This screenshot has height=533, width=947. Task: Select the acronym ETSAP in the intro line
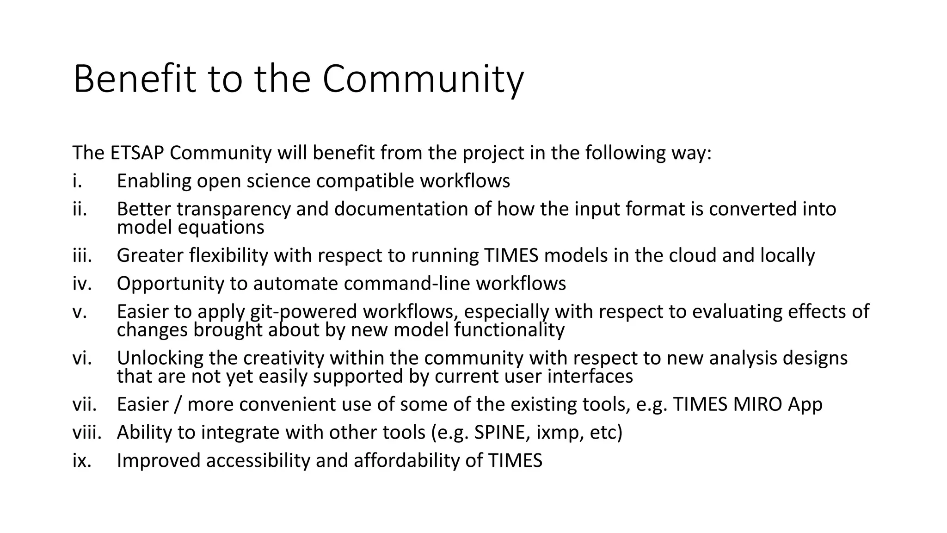click(x=137, y=153)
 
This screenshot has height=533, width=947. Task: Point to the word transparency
click(x=234, y=209)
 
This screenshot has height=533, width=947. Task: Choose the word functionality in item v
click(x=509, y=330)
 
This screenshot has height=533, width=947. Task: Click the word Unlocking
click(x=160, y=358)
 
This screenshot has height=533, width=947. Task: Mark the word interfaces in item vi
click(x=590, y=376)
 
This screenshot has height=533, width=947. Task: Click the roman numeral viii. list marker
click(x=86, y=433)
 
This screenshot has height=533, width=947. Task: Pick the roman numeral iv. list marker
click(x=82, y=284)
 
